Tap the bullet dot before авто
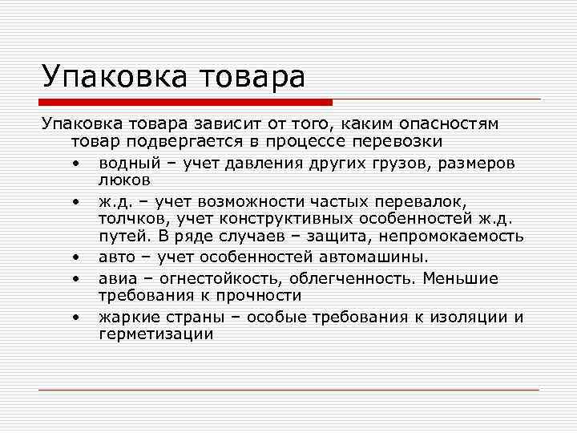click(75, 257)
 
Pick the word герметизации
click(156, 334)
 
